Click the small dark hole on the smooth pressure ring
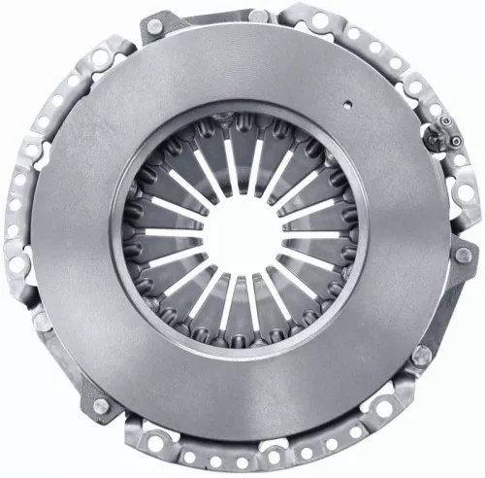(x=346, y=98)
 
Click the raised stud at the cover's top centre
(x=258, y=16)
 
